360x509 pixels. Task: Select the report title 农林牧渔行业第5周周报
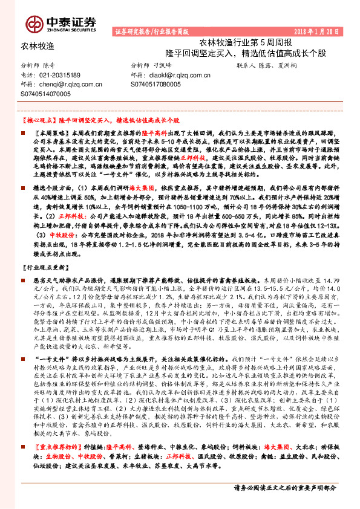click(245, 42)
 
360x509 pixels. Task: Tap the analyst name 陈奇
click(49, 64)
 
